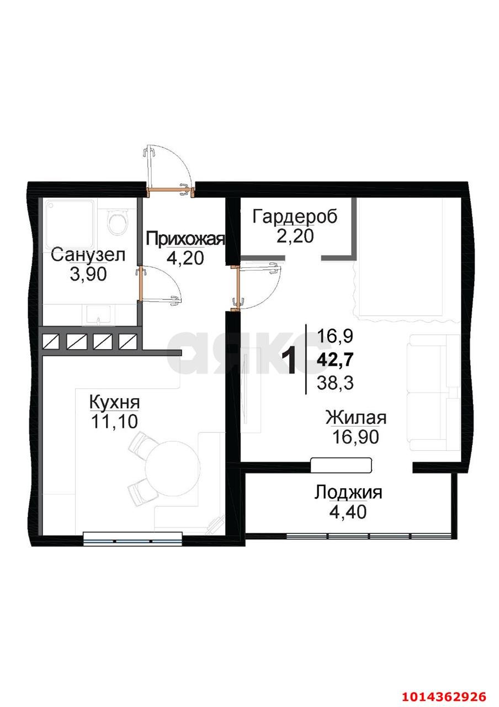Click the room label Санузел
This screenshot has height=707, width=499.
[x=88, y=255]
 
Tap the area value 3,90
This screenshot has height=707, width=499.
[x=88, y=274]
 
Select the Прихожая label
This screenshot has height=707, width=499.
[x=185, y=239]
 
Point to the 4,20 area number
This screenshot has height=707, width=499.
[x=185, y=257]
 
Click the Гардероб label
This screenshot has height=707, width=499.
[x=295, y=217]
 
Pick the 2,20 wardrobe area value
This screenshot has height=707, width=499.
[x=295, y=236]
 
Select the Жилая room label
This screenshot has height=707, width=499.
[x=355, y=418]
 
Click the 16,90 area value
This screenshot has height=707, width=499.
[x=355, y=437]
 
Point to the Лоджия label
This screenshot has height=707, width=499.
[x=348, y=492]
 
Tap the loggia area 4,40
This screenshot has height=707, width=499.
[x=348, y=511]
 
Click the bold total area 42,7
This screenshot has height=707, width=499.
[x=336, y=360]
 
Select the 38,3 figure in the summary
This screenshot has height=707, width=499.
[x=336, y=382]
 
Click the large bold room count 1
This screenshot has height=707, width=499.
[x=289, y=361]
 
